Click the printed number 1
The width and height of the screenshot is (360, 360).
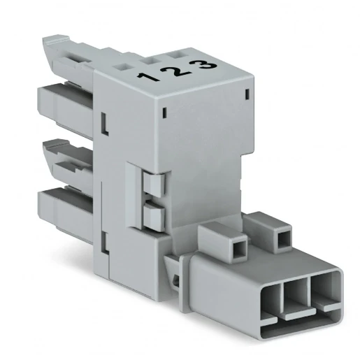(148, 77)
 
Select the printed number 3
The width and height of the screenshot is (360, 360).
(206, 63)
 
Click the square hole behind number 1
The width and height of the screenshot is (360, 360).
(122, 67)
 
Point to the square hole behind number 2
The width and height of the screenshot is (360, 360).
(150, 61)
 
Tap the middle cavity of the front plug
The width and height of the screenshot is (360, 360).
(296, 294)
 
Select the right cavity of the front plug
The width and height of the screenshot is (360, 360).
(325, 289)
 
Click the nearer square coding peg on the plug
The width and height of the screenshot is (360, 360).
(223, 243)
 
